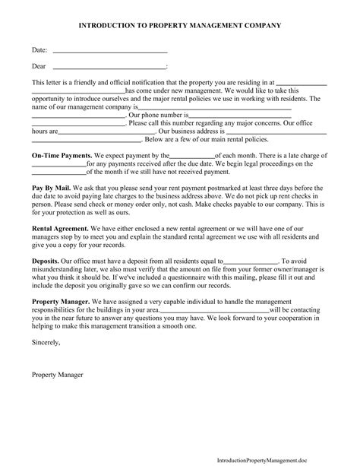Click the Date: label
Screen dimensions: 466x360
click(x=39, y=50)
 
